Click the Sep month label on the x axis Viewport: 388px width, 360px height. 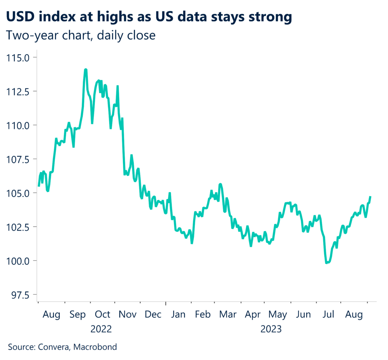point(78,315)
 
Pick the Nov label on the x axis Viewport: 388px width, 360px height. point(128,315)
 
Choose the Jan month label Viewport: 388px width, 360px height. point(178,315)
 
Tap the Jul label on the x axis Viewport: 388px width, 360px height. point(328,315)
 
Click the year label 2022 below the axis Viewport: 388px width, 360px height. point(101,329)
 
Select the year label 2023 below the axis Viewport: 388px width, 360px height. point(271,329)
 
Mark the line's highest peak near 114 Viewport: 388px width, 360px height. point(86,70)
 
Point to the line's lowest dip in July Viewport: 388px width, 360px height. point(327,263)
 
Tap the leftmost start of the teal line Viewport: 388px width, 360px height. point(39,186)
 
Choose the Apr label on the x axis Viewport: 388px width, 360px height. point(253,315)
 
